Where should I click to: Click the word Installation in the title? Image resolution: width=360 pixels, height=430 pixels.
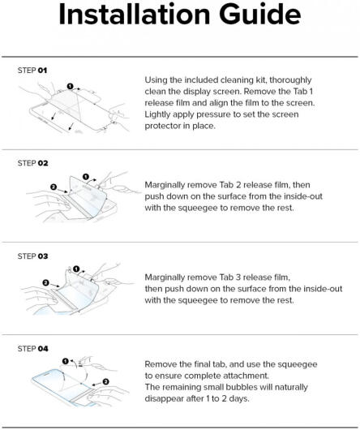[x=135, y=15]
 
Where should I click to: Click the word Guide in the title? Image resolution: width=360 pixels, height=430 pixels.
[x=259, y=15]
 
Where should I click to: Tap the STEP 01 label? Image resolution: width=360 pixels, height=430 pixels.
[x=32, y=71]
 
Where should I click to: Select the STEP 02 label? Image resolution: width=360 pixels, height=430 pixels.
[x=33, y=163]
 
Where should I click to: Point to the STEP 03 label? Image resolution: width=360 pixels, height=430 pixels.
[x=33, y=256]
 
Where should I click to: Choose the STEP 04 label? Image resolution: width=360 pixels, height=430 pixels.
[x=33, y=349]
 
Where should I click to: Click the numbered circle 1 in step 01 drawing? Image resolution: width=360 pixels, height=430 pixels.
[x=71, y=86]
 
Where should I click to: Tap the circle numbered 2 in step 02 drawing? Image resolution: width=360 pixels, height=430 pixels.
[x=54, y=187]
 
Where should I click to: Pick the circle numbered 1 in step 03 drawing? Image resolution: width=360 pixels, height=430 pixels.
[x=76, y=269]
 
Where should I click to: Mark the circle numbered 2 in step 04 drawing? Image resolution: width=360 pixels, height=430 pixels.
[x=105, y=382]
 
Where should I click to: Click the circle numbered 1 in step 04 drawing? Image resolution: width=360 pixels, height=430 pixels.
[x=65, y=361]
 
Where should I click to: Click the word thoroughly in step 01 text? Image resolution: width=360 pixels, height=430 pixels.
[x=290, y=80]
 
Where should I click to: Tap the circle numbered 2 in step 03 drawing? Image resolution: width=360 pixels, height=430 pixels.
[x=46, y=282]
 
